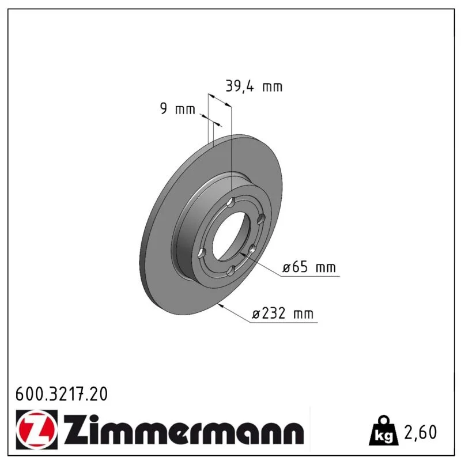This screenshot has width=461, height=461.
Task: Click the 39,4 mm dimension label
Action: (x=254, y=86)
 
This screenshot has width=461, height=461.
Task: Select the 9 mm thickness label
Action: (x=177, y=108)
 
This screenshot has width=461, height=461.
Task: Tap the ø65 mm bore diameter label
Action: (x=309, y=267)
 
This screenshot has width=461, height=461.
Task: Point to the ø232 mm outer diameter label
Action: (x=282, y=313)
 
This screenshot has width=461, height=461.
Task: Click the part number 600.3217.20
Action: (x=62, y=394)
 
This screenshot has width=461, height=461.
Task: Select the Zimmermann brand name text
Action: (x=184, y=429)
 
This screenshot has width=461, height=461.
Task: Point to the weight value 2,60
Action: (x=421, y=432)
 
